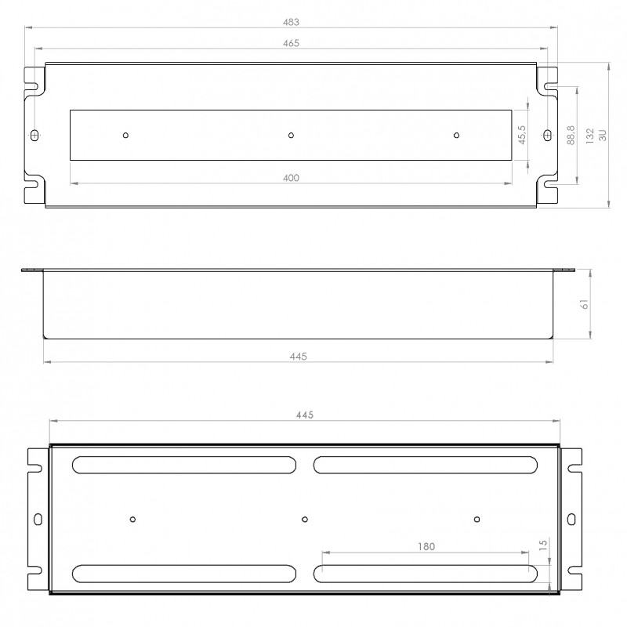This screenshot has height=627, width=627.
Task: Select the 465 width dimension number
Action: point(290,44)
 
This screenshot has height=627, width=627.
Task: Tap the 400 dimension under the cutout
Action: point(290,179)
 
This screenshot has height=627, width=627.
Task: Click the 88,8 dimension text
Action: point(571,135)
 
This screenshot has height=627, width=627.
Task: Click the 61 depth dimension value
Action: point(584,305)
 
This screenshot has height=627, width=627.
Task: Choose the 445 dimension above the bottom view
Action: point(304,415)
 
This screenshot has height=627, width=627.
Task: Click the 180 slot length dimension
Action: point(426,546)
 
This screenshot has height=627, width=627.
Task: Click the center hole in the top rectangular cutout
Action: point(291,135)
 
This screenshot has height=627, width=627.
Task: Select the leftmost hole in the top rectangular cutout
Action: point(125,135)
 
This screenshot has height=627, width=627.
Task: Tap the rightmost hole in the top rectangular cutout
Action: point(456,135)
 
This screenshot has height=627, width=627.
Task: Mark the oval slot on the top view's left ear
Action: point(34,135)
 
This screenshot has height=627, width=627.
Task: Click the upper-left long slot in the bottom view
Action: point(184,465)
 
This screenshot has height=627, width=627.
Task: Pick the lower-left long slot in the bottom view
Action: point(184,573)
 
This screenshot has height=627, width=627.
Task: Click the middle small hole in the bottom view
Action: point(305,518)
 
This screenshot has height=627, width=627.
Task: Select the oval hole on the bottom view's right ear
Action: point(571,518)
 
